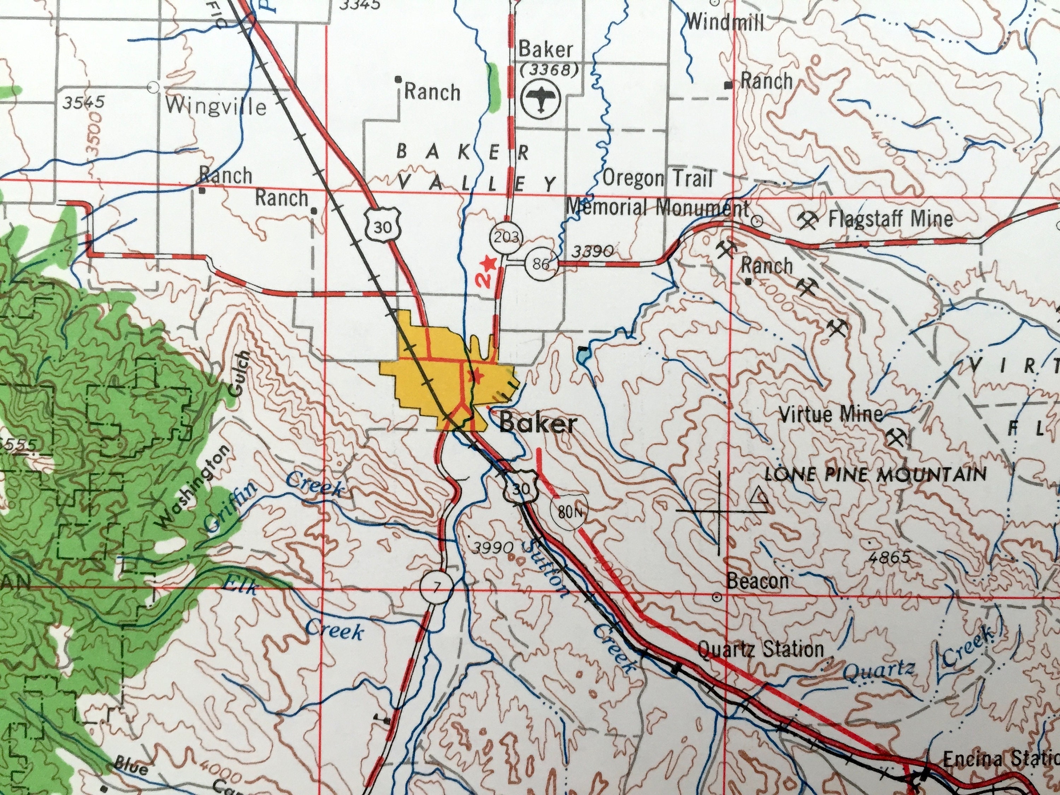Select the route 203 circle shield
click(x=506, y=237)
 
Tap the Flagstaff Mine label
click(x=890, y=219)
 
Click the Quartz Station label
click(x=760, y=649)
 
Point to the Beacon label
click(x=758, y=581)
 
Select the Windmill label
click(x=725, y=23)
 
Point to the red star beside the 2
click(x=488, y=263)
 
